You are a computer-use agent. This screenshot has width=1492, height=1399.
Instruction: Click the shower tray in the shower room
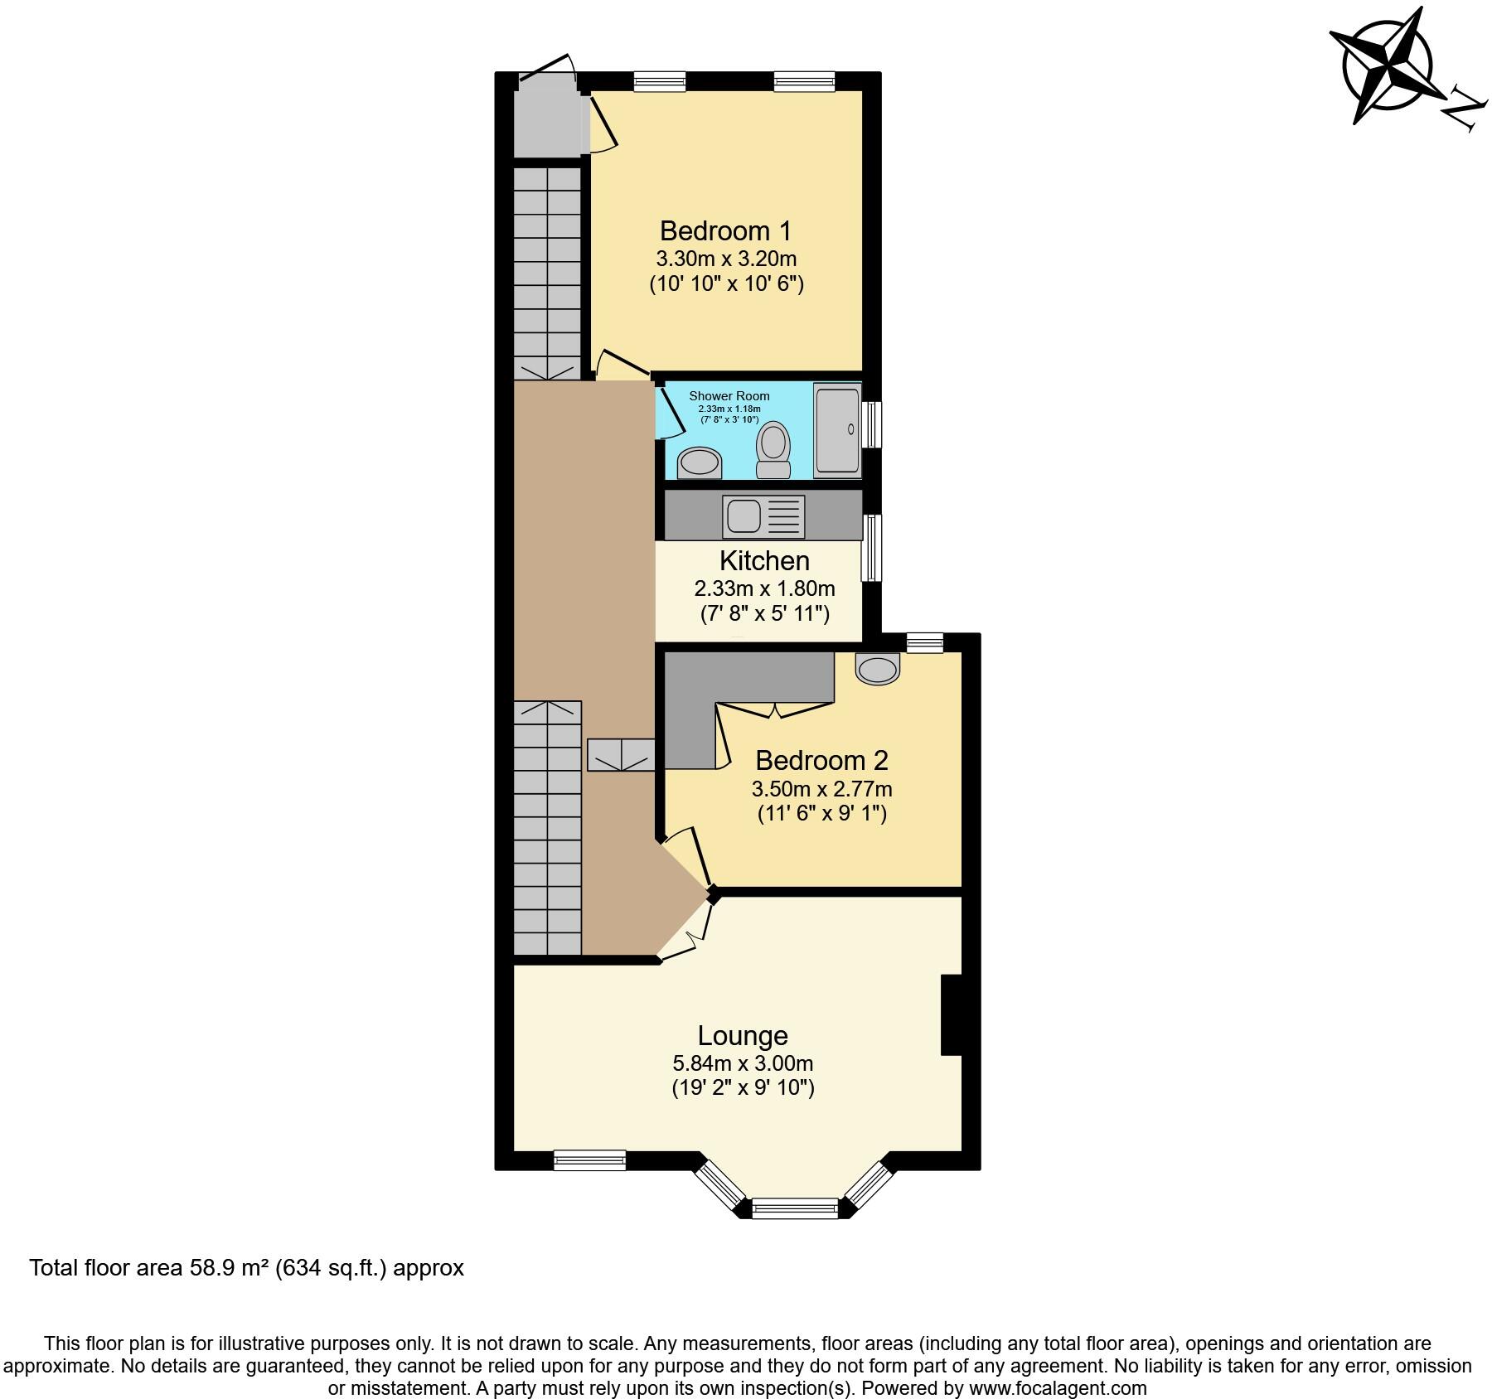[838, 429]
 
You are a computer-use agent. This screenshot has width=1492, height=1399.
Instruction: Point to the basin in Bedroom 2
[876, 668]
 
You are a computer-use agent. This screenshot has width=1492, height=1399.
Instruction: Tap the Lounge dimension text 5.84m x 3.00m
[742, 1063]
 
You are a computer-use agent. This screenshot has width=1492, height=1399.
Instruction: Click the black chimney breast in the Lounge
[951, 1014]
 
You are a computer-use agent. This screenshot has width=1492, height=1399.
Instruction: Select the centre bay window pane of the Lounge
[795, 1208]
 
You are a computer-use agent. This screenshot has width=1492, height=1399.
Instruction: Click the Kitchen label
[764, 561]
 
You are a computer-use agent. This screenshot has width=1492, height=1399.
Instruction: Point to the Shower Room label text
[729, 396]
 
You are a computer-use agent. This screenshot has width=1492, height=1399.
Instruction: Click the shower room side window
[871, 424]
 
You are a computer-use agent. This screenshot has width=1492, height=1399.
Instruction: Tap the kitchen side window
[871, 547]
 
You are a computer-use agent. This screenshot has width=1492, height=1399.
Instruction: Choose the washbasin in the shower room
[700, 463]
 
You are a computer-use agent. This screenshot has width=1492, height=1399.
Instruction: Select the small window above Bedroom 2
[924, 642]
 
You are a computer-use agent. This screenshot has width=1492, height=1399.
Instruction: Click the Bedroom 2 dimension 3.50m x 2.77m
[821, 788]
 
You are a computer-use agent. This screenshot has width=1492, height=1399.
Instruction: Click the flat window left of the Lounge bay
[589, 1159]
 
